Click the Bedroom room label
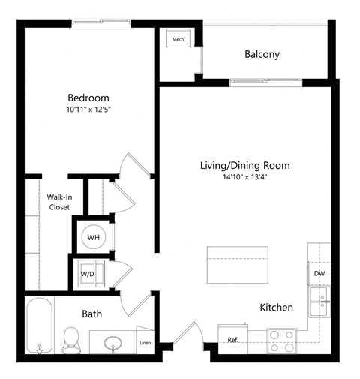88,98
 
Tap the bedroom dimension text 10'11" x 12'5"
88,110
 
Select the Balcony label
262,54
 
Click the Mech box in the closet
178,40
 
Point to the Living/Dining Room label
244,165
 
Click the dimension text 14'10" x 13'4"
244,178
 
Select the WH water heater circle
94,237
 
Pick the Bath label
92,314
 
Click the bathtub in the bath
40,327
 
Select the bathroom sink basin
113,344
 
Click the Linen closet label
145,344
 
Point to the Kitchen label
276,308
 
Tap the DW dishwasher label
319,274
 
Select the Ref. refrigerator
233,339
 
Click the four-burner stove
282,341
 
